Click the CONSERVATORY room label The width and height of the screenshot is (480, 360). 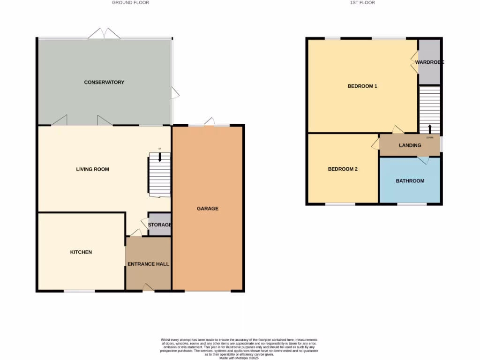point(104,82)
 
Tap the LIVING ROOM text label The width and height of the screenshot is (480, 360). point(92,169)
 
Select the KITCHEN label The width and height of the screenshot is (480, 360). point(81,252)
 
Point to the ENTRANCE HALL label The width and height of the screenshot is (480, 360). point(148,264)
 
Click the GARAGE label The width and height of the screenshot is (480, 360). point(207,209)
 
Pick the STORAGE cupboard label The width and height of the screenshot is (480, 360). point(160,225)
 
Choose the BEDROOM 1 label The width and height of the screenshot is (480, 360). point(362,86)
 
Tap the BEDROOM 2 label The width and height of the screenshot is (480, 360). point(343,169)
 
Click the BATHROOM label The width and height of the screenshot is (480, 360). point(410,181)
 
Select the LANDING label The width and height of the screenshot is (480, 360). point(410,145)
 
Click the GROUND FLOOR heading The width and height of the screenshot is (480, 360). point(130,3)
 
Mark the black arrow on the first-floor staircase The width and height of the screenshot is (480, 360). point(430,128)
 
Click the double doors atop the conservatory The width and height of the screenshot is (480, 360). point(104,34)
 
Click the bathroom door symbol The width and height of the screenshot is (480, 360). point(423,160)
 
